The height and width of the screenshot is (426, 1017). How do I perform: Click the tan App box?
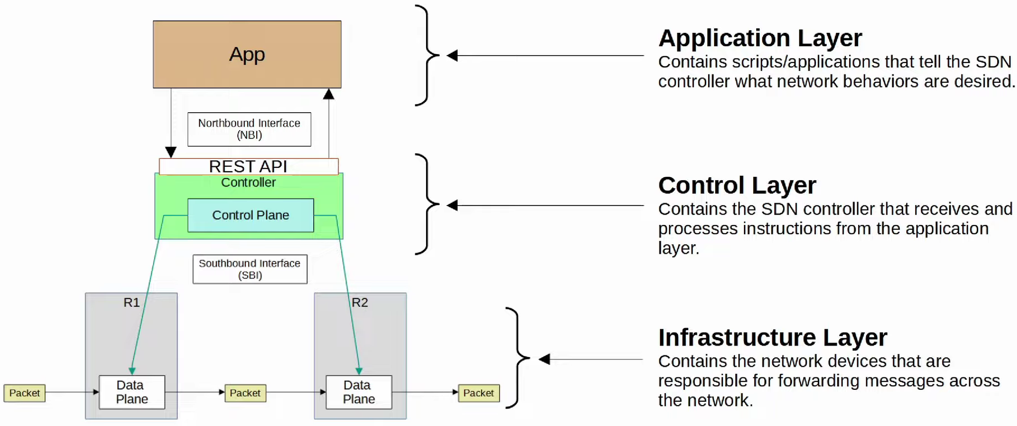[x=247, y=54]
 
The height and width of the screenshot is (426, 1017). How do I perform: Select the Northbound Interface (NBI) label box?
[x=249, y=129]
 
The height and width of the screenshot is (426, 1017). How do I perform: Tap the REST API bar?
[x=248, y=166]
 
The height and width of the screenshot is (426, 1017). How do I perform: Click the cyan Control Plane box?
[x=250, y=215]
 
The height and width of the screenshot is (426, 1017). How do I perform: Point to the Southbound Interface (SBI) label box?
[x=250, y=269]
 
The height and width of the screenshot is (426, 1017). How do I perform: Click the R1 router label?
[x=132, y=302]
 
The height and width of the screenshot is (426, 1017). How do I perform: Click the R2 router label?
[x=360, y=302]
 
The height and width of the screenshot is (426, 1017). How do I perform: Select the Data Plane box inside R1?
[x=132, y=392]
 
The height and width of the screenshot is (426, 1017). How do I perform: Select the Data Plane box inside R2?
[x=359, y=392]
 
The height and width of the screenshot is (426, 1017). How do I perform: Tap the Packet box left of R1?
[x=24, y=393]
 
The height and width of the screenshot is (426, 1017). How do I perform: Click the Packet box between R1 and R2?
[x=245, y=393]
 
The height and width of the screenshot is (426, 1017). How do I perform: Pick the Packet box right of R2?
[x=478, y=393]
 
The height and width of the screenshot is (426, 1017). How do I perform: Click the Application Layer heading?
[x=760, y=38]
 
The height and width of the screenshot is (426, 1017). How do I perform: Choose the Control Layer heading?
[x=737, y=185]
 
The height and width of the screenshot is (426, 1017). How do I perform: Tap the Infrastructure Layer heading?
[x=772, y=338]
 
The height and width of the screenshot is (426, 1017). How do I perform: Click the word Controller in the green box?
[x=248, y=183]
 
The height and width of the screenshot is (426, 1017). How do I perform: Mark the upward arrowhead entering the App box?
[x=329, y=94]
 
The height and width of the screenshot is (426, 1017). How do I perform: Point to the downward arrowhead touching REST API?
[x=171, y=152]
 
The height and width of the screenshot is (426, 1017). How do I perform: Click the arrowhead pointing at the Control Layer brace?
[x=452, y=205]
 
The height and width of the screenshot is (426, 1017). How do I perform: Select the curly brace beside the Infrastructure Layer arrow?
[x=517, y=357]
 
